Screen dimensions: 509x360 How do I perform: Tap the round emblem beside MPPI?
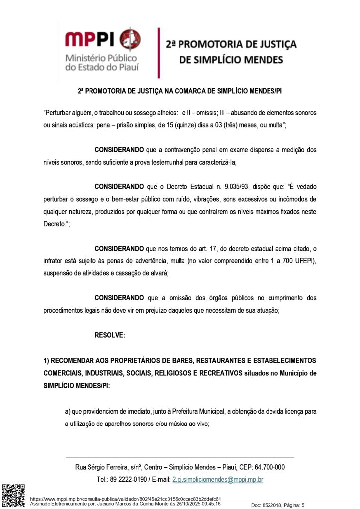click(x=130, y=39)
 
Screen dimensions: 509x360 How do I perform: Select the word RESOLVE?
click(x=110, y=335)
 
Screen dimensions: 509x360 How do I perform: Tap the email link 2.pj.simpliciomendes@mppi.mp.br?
click(x=217, y=480)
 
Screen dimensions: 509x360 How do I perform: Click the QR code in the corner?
click(x=13, y=495)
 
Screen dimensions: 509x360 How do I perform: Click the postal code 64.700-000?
click(x=270, y=467)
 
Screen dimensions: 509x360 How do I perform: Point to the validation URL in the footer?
click(x=125, y=499)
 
